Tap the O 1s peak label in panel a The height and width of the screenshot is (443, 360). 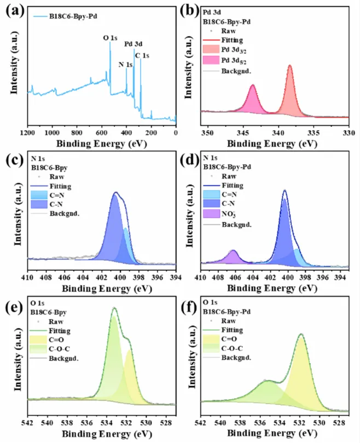(x=111, y=38)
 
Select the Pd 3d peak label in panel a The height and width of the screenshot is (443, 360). (x=133, y=44)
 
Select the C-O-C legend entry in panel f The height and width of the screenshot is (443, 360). (x=234, y=348)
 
